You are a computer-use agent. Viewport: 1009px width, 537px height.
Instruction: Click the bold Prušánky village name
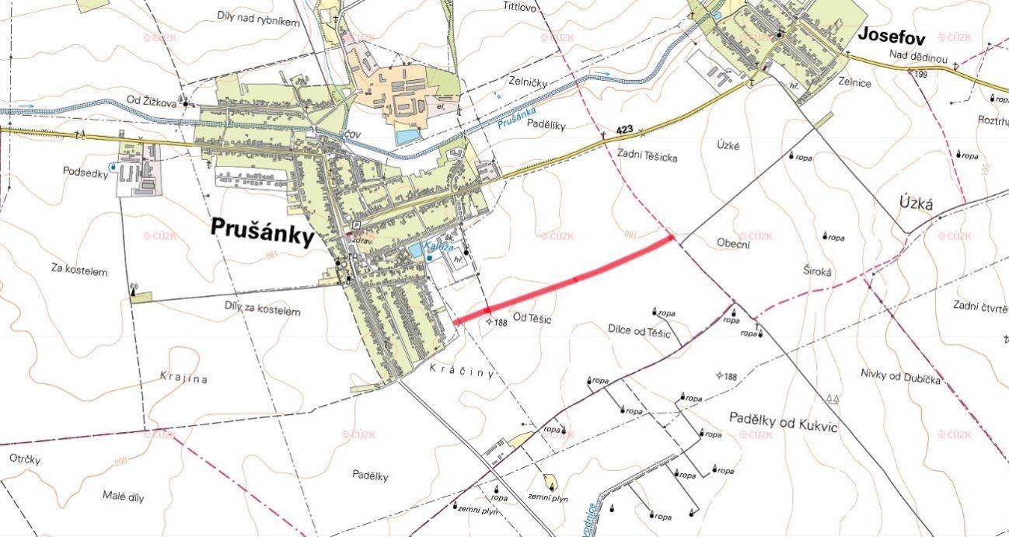pos(261,232)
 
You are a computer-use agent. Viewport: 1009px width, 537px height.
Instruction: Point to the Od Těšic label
pos(532,318)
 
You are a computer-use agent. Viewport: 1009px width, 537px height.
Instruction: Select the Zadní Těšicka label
pos(647,157)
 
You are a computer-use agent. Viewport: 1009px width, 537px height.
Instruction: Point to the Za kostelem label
pos(79,271)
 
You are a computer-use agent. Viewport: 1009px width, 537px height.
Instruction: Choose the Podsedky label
pos(86,173)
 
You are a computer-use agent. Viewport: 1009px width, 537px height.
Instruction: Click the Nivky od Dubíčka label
pos(901,378)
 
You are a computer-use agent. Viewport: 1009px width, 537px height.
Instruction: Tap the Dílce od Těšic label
pos(639,332)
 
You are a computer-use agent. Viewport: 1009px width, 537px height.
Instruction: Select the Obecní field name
pos(732,243)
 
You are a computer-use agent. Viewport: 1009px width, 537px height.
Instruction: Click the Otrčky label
pos(24,459)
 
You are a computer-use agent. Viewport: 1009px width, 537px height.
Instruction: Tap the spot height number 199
pos(921,75)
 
